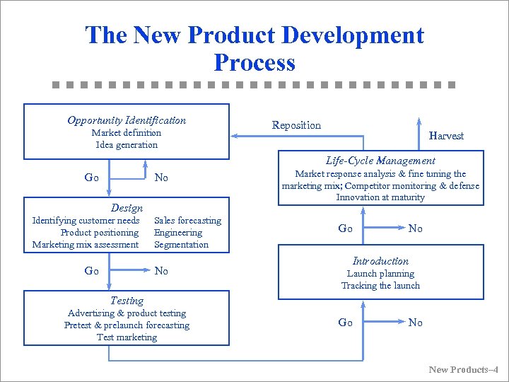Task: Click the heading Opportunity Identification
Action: point(127,120)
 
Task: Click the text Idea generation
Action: point(127,145)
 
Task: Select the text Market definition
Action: point(127,133)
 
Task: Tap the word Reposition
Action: point(296,125)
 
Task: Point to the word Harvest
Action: point(446,136)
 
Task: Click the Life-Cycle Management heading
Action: point(380,161)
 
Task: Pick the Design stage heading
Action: point(127,209)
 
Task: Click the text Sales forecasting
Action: point(187,221)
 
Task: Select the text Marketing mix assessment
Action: point(86,245)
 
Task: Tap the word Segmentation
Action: point(181,245)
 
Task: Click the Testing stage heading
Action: point(127,301)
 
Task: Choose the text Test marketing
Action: point(127,337)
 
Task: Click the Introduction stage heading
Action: point(380,261)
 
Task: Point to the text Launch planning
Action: point(380,274)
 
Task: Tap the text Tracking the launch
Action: point(380,286)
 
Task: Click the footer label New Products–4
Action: point(463,370)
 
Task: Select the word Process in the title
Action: point(254,63)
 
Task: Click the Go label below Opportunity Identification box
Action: point(91,178)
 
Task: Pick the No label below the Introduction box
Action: point(416,323)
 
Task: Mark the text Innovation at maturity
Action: point(380,197)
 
